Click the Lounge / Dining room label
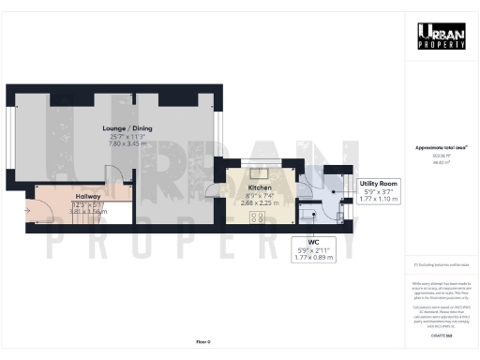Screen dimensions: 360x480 pyautogui.click(x=127, y=128)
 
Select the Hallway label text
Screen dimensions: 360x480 pyautogui.click(x=88, y=196)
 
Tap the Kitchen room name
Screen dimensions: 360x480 pyautogui.click(x=260, y=187)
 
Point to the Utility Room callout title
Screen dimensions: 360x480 pyautogui.click(x=379, y=184)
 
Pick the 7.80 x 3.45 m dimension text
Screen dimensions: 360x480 pyautogui.click(x=127, y=143)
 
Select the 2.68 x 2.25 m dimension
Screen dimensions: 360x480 pyautogui.click(x=260, y=202)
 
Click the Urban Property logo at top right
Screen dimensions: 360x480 pyautogui.click(x=442, y=37)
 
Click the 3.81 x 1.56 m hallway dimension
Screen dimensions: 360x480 pyautogui.click(x=88, y=211)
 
